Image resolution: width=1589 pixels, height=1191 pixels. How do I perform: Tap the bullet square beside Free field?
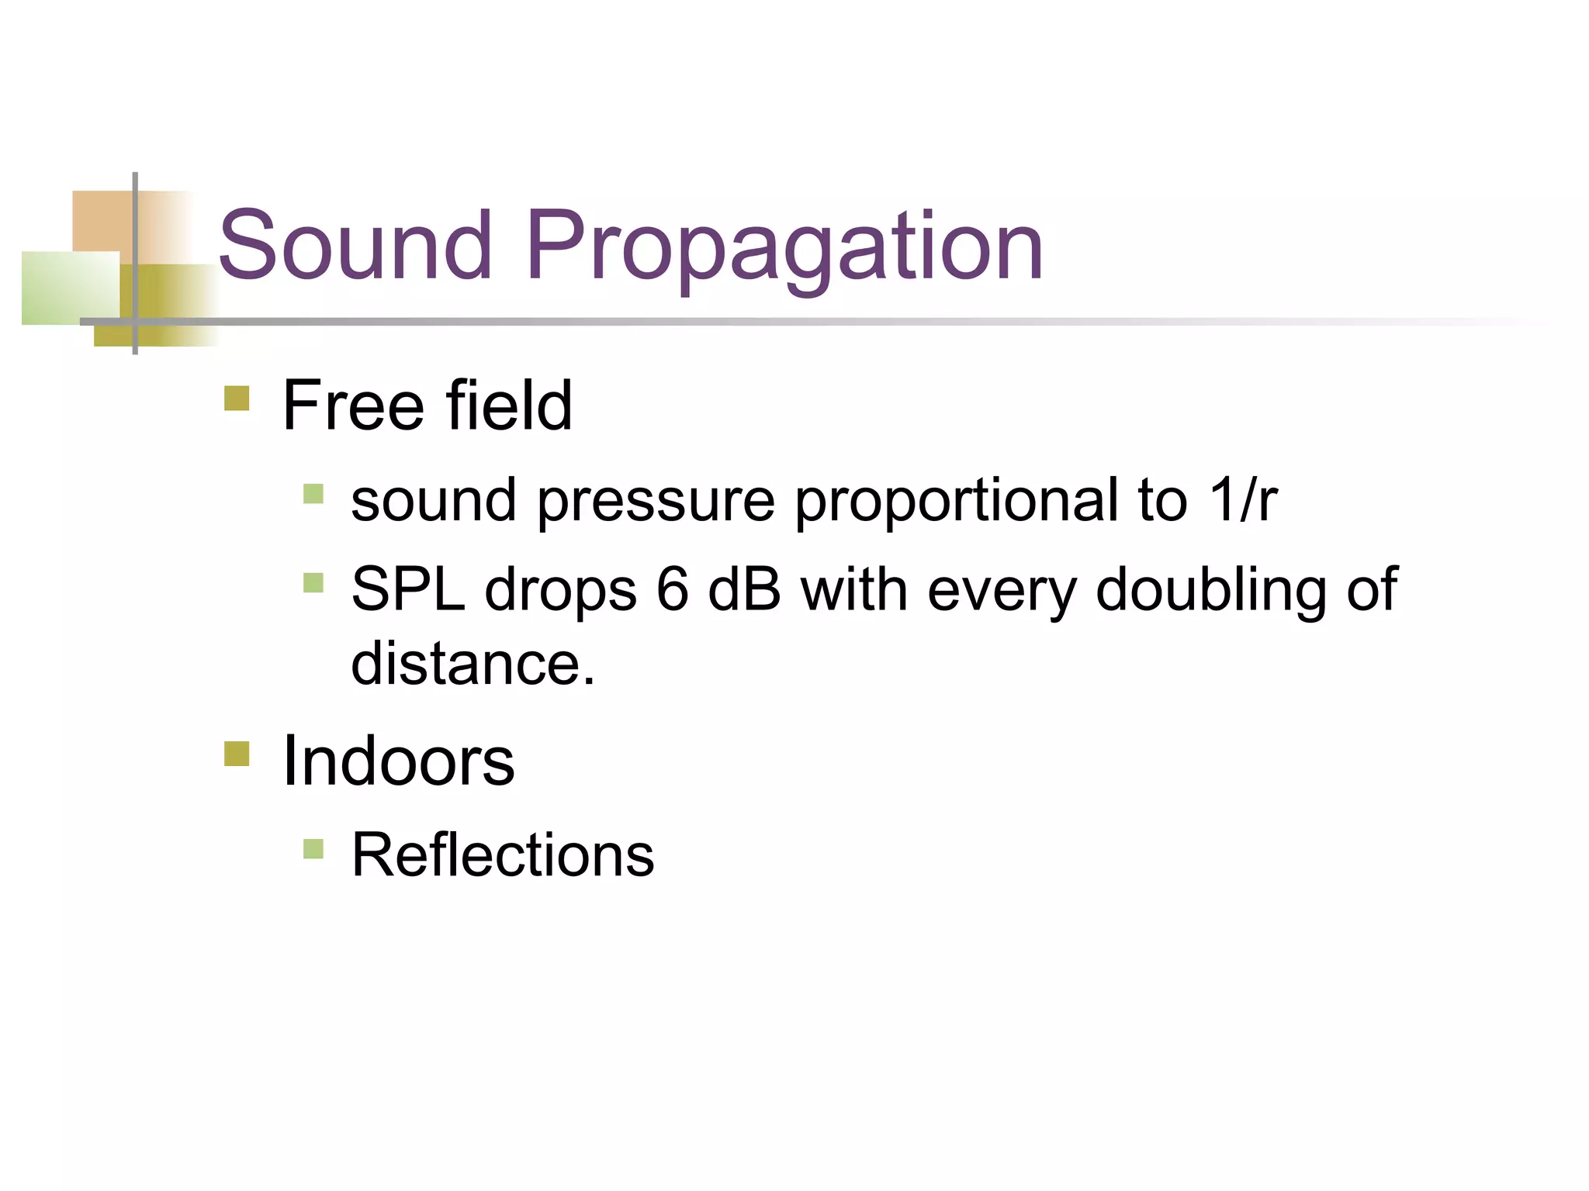pyautogui.click(x=237, y=399)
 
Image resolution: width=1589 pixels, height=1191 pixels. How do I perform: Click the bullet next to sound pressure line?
pyautogui.click(x=313, y=494)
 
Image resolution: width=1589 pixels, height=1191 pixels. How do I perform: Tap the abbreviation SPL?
pyautogui.click(x=408, y=589)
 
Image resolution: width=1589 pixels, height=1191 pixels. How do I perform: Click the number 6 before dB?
pyautogui.click(x=672, y=589)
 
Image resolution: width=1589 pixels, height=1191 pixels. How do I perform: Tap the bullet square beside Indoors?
pyautogui.click(x=237, y=754)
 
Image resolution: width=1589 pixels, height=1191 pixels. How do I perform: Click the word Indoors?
pyautogui.click(x=398, y=761)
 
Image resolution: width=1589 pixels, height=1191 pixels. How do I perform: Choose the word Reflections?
pyautogui.click(x=503, y=855)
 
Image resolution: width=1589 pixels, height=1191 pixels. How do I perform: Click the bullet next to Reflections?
pyautogui.click(x=313, y=849)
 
